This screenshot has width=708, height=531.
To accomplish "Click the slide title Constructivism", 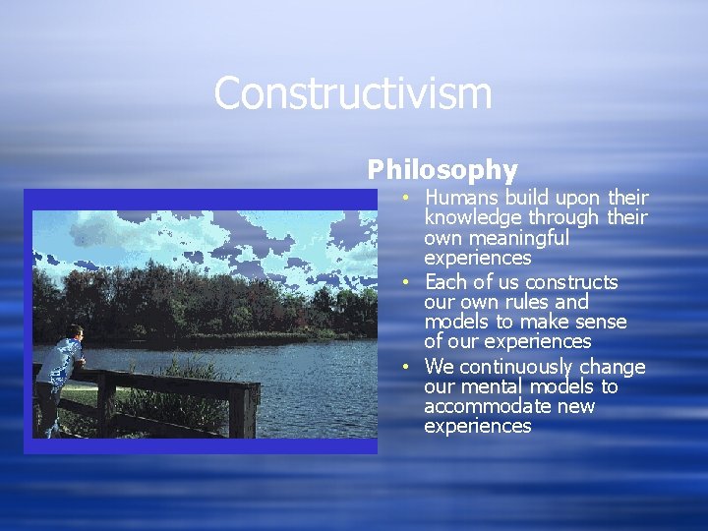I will coord(352,94).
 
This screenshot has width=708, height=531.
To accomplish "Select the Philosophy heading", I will coord(442,170).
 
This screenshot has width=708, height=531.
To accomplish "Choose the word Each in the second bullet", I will coord(443,282).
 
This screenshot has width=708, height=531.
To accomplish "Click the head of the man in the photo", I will coord(76,332).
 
